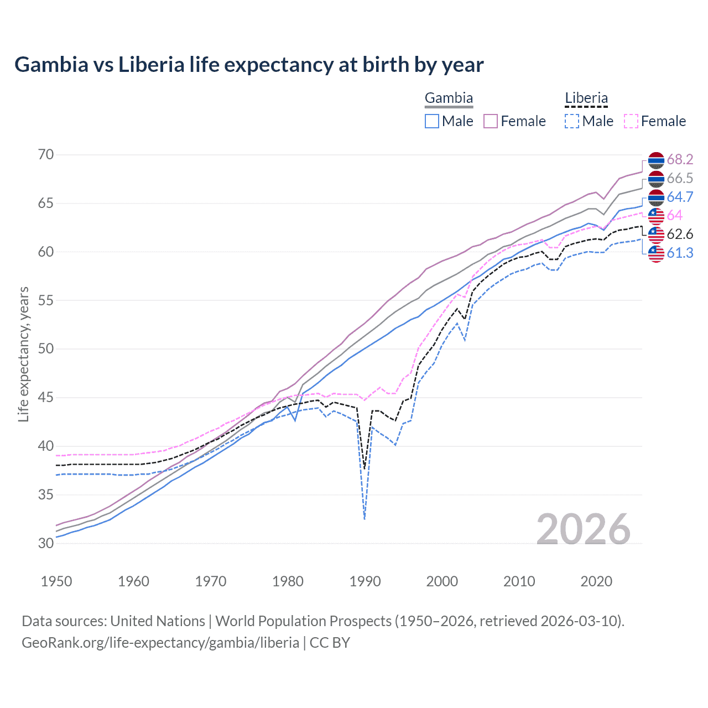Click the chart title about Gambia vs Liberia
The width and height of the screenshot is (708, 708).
point(249,65)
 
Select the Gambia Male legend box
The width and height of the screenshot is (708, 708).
point(432,121)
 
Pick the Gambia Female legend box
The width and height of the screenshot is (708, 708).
point(491,121)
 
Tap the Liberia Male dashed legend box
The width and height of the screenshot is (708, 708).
point(572,121)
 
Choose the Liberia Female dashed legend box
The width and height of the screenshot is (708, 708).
point(631,121)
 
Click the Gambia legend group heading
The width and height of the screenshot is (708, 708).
point(449,98)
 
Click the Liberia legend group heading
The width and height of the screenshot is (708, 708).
point(586,98)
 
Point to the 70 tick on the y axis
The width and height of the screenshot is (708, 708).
point(46,155)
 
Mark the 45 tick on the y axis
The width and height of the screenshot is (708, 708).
point(46,398)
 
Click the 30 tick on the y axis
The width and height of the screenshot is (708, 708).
point(46,543)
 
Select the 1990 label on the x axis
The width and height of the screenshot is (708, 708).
point(365,581)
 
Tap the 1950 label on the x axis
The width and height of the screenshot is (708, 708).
point(56,581)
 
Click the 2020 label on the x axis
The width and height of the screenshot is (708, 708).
point(596,581)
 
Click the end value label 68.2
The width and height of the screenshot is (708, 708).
point(680,160)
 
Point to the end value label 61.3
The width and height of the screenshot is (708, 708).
point(680,253)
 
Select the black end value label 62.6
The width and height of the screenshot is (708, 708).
point(680,235)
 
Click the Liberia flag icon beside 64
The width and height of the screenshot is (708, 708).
point(656,216)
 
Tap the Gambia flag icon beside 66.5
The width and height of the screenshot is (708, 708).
point(656,179)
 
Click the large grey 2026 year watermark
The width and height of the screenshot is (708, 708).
point(584,530)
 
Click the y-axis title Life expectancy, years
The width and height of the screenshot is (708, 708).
point(24,354)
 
